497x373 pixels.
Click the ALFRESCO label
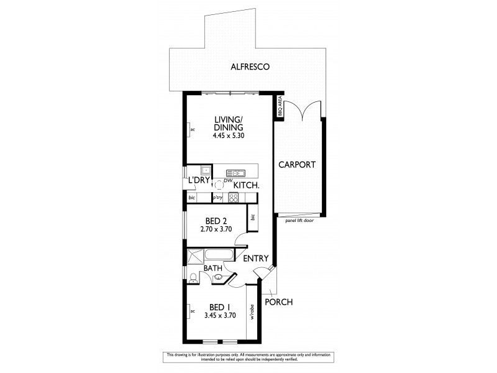248,67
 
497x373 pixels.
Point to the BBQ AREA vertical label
280,106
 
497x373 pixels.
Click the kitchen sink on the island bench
236,173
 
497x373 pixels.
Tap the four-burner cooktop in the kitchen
234,198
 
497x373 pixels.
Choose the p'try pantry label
217,198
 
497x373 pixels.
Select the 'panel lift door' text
299,220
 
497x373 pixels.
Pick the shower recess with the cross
194,256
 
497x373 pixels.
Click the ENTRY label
255,259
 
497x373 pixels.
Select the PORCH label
278,302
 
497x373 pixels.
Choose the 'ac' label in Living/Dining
193,130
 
